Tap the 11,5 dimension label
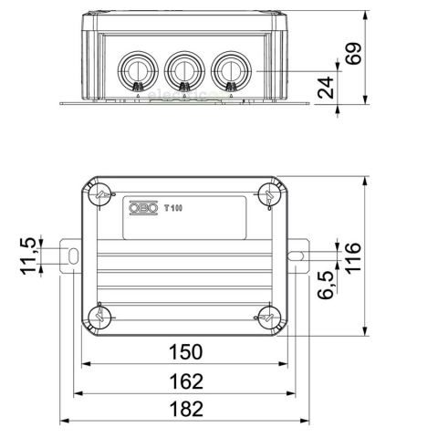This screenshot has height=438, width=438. pos(30,255)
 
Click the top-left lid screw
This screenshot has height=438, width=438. pos(100,194)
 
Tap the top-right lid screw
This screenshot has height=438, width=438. pos(268,194)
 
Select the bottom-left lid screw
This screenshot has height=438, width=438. pos(100,317)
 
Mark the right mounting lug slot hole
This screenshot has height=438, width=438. pos(297,257)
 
